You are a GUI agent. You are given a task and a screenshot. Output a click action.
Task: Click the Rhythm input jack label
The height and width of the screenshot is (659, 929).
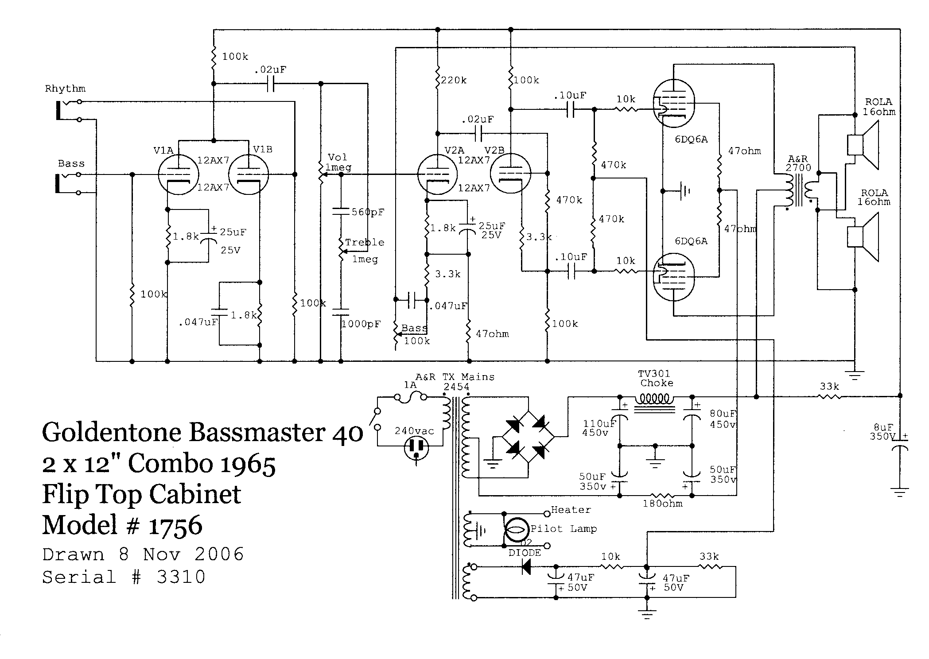(x=65, y=89)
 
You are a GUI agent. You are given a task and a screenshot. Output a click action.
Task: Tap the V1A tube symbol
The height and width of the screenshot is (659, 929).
(x=178, y=174)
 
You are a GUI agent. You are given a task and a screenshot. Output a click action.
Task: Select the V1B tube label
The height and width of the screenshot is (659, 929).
(x=263, y=149)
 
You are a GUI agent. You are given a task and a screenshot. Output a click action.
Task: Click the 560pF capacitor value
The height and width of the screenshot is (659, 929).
(x=368, y=212)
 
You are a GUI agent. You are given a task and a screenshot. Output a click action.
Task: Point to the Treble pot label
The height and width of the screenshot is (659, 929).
(x=365, y=242)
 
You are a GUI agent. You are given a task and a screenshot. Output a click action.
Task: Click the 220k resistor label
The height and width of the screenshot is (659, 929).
(x=454, y=80)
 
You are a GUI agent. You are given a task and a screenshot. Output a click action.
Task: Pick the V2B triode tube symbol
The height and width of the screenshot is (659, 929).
(x=510, y=174)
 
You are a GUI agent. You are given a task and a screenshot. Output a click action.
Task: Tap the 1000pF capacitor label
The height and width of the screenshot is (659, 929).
(x=361, y=324)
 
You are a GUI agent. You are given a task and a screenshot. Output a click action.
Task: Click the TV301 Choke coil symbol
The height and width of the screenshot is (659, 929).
(x=654, y=399)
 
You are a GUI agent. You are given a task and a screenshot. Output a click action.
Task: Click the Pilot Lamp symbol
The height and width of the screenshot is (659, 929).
(x=517, y=530)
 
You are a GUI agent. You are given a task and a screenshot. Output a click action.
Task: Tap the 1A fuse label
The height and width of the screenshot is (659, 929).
(x=410, y=385)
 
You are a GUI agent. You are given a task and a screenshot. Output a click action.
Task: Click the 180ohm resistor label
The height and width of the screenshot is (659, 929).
(x=663, y=504)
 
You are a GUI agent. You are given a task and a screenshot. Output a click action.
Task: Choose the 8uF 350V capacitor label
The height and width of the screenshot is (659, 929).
(x=883, y=432)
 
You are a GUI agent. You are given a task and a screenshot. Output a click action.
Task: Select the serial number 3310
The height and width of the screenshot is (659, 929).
(x=181, y=577)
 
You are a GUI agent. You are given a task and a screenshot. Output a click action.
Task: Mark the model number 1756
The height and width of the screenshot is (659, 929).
(x=175, y=526)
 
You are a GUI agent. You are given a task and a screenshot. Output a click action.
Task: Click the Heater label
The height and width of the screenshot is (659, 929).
(x=571, y=510)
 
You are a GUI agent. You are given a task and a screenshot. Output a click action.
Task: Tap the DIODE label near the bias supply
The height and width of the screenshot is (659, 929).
(x=525, y=553)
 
